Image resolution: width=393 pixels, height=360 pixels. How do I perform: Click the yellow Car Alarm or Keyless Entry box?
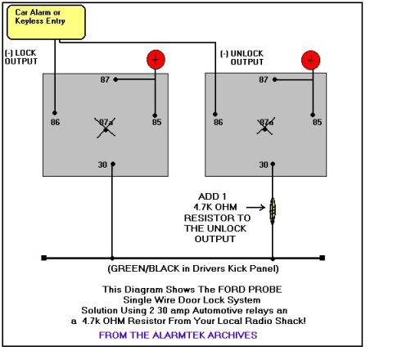point(46,22)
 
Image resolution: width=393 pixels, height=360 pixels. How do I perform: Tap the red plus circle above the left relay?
point(156,60)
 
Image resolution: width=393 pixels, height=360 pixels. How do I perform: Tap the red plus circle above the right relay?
point(310,60)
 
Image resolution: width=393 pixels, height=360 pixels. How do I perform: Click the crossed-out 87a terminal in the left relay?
point(106,128)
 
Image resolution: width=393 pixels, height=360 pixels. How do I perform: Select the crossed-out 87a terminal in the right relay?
point(265,126)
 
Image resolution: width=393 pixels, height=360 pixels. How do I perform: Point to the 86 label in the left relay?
point(55,122)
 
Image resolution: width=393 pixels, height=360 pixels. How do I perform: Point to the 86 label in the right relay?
point(219,122)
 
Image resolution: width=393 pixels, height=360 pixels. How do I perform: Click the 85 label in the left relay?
point(156,122)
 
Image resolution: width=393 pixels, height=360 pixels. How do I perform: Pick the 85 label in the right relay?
point(317,122)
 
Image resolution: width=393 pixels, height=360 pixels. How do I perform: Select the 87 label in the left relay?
point(105,79)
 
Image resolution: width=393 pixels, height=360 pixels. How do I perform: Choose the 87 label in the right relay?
point(264,79)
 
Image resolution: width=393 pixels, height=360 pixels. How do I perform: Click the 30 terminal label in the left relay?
point(102,164)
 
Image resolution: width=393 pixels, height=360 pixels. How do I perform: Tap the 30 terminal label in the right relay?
point(264,164)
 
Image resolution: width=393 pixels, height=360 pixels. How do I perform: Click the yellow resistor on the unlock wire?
point(273,209)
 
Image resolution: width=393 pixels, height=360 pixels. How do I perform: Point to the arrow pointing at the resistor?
point(255,208)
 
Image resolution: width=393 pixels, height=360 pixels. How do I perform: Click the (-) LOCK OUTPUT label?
point(21,57)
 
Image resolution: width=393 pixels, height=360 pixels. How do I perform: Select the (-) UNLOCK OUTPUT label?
point(242,57)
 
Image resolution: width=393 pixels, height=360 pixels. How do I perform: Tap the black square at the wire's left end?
point(44,258)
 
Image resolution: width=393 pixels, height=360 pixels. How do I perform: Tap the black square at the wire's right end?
point(322,258)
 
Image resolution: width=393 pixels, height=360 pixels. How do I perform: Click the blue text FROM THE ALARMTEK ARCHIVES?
point(178,335)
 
